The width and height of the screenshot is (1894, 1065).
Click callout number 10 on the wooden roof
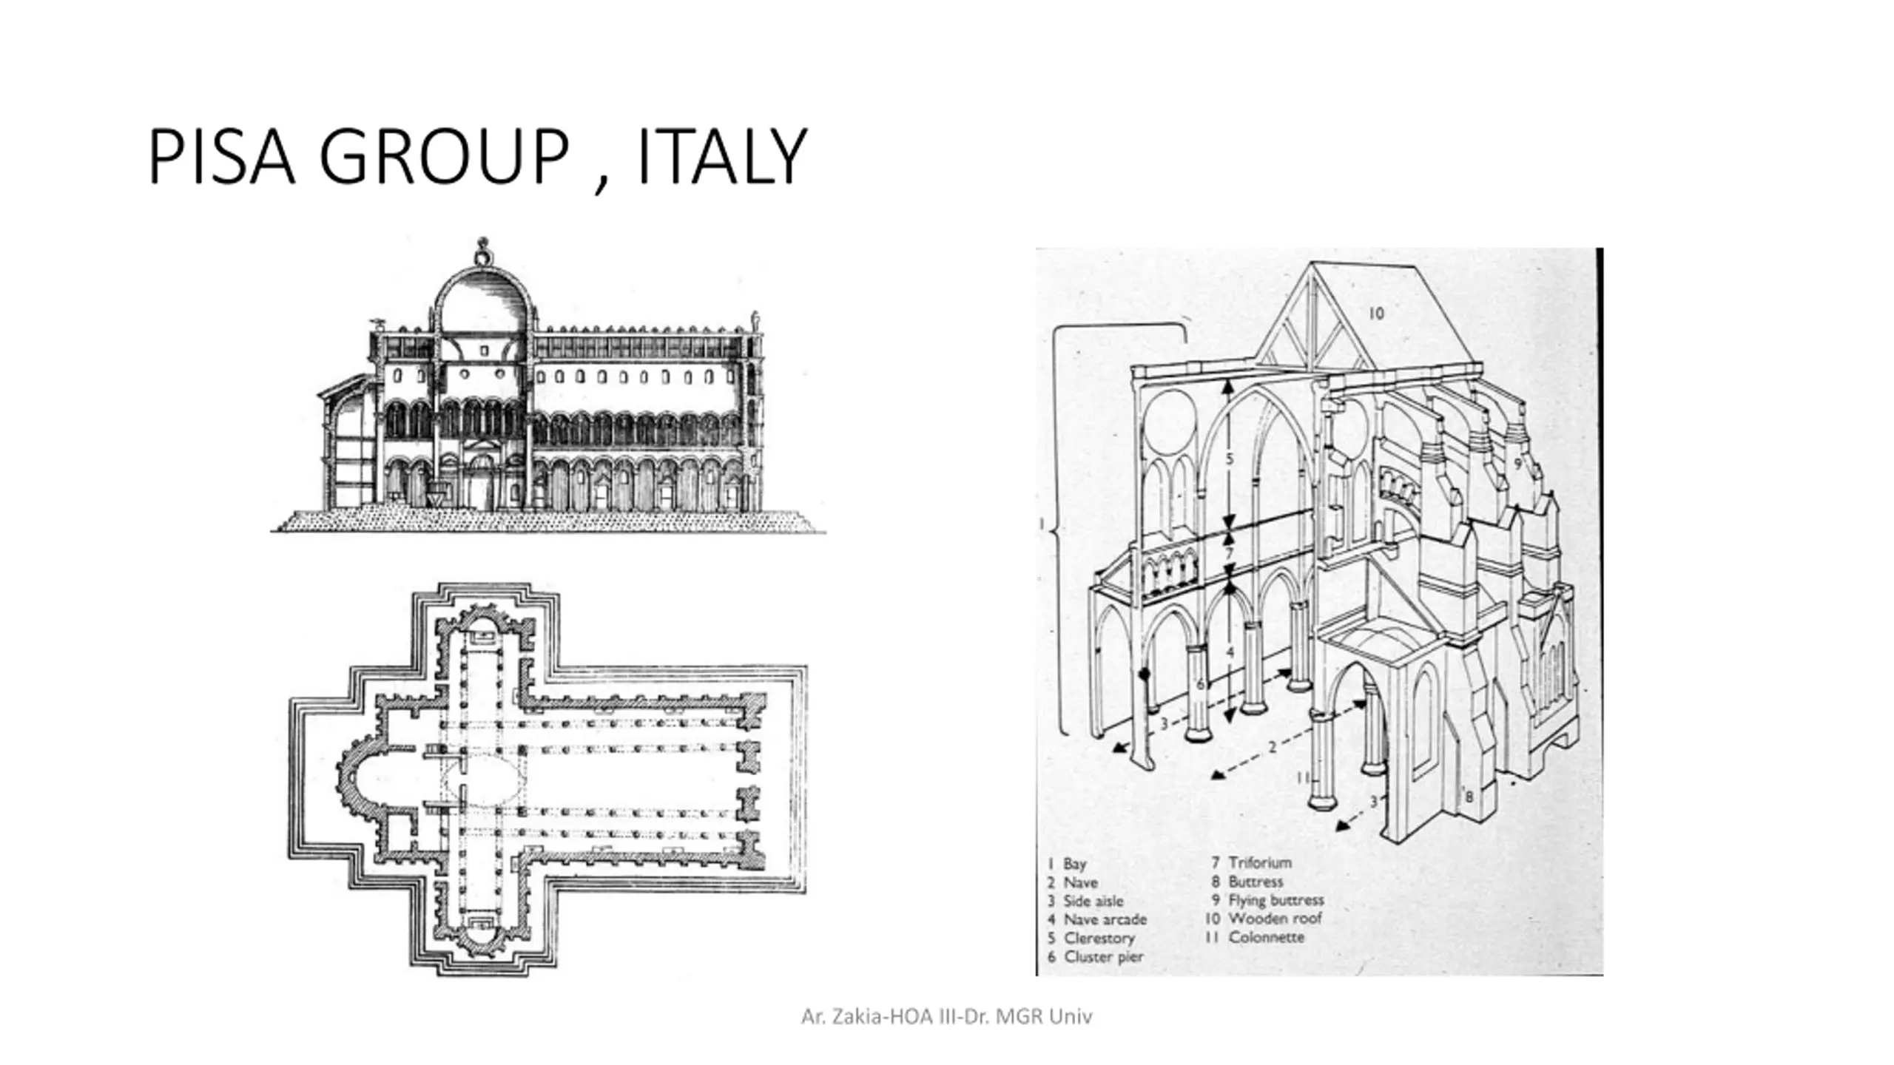click(x=1375, y=314)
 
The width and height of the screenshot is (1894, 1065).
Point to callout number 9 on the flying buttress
click(x=1517, y=464)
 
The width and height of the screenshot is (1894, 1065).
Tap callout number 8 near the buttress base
click(x=1469, y=797)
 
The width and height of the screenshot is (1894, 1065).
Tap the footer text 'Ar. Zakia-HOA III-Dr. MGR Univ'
click(x=946, y=1017)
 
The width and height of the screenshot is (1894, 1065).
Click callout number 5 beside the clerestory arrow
click(x=1230, y=459)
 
